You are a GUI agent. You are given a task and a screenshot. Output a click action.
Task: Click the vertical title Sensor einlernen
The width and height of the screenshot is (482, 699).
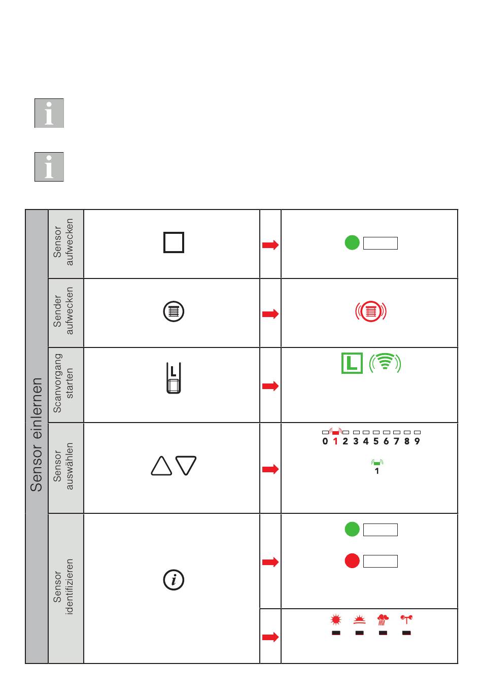click(x=37, y=435)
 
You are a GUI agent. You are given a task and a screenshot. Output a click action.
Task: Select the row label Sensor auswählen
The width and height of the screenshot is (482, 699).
click(x=64, y=466)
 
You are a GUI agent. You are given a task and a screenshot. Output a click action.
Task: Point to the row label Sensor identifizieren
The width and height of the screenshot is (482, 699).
click(x=64, y=586)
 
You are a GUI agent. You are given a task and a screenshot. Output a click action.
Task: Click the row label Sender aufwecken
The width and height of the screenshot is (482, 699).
click(x=64, y=311)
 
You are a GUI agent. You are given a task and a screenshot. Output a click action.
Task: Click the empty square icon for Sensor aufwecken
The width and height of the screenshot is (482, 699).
click(x=174, y=242)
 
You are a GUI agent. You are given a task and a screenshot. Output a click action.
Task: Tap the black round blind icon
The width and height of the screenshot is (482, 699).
click(x=174, y=311)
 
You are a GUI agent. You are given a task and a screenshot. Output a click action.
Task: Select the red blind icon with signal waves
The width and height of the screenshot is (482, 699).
click(x=371, y=311)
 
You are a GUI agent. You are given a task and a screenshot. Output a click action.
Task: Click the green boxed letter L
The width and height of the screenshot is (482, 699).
click(x=352, y=363)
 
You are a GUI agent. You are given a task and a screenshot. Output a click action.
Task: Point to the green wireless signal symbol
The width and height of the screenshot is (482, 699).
click(x=385, y=363)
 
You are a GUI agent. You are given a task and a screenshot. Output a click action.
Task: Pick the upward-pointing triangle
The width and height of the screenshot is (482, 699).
click(x=161, y=466)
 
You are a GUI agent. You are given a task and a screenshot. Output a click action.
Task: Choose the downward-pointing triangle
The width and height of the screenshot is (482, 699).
click(x=186, y=466)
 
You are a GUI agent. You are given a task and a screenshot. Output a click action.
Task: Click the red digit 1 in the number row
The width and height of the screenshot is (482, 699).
click(x=335, y=441)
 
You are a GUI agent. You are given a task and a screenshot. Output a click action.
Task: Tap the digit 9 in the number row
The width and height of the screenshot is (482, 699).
click(x=417, y=441)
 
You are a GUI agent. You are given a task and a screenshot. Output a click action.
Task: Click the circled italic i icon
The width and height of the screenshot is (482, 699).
click(x=174, y=579)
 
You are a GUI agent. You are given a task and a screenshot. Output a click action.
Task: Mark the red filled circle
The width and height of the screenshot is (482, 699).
click(x=352, y=561)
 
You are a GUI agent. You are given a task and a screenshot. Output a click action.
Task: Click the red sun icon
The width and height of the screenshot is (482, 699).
click(x=336, y=619)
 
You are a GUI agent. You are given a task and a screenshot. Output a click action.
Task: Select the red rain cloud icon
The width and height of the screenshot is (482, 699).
click(x=383, y=619)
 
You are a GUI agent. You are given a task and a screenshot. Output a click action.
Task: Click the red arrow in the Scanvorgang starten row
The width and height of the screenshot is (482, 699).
click(x=270, y=386)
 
